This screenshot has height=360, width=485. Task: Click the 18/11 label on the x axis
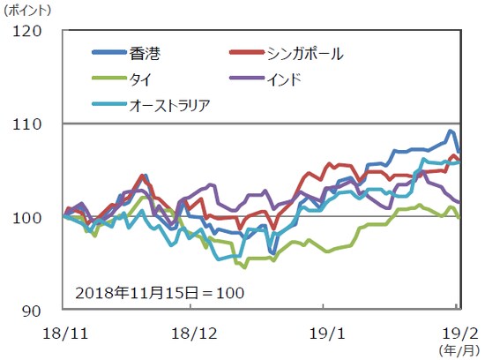point(63,334)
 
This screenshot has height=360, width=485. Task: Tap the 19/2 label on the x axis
point(458,334)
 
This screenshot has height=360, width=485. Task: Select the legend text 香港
point(145,54)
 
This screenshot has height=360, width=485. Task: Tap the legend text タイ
point(141,80)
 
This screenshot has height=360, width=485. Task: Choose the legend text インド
point(284,80)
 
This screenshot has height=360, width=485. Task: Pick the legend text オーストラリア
point(170,107)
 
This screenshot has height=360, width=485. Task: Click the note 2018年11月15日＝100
point(160,290)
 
